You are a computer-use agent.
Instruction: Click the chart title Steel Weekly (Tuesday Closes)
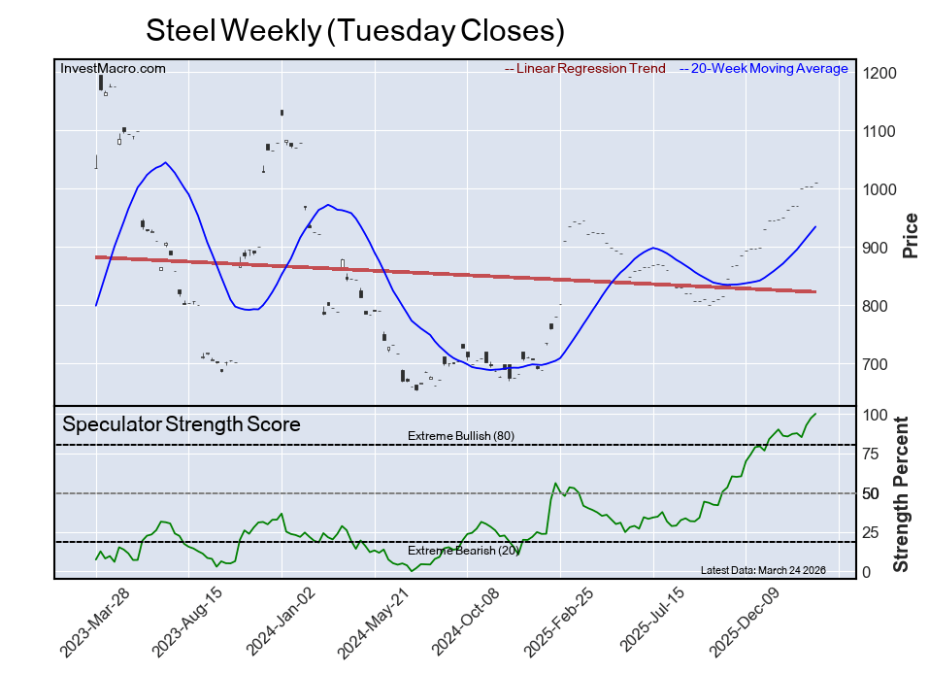point(354,30)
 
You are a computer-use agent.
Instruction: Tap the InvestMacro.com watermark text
point(113,68)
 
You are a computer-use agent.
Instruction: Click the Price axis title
point(911,235)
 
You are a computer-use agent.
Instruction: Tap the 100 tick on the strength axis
point(876,415)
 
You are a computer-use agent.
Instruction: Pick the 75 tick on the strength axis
point(872,454)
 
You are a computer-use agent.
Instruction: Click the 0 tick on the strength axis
point(868,572)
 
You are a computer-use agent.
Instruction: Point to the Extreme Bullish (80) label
point(460,435)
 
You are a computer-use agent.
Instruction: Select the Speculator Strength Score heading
point(182,423)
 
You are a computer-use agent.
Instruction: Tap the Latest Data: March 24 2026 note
point(762,570)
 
